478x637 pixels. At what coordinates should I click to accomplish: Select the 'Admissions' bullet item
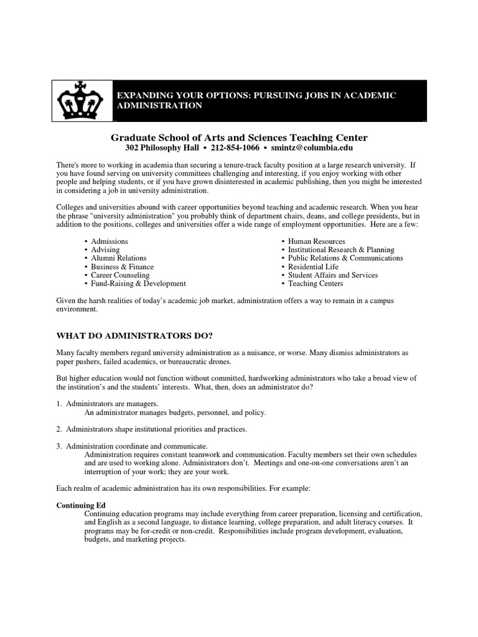[x=110, y=241]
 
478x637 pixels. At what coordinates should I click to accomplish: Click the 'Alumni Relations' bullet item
[x=119, y=258]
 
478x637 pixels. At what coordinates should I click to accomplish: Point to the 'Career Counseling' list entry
[x=120, y=274]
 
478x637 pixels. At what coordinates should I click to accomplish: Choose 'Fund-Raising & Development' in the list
[x=138, y=283]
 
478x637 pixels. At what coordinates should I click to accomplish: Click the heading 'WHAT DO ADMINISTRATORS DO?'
[x=134, y=336]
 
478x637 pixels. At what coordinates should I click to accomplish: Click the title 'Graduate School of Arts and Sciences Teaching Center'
[x=238, y=137]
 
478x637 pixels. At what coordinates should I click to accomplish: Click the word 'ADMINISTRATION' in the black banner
[x=160, y=106]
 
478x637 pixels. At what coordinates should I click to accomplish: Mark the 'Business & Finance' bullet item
[x=122, y=266]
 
